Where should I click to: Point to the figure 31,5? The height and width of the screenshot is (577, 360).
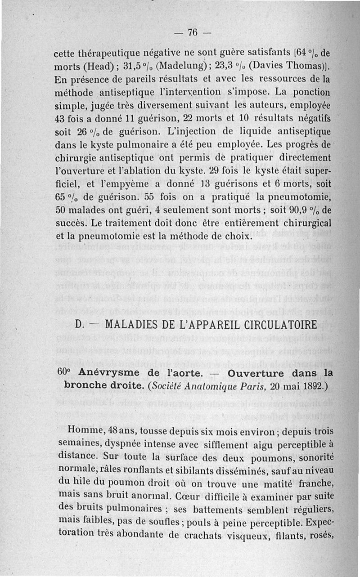click(134, 68)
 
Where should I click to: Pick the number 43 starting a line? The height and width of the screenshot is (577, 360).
click(60, 120)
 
